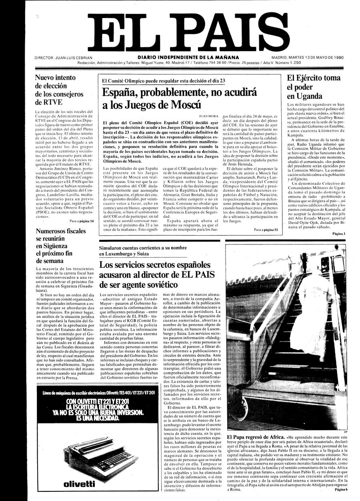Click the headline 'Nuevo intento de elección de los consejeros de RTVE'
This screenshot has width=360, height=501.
(59, 90)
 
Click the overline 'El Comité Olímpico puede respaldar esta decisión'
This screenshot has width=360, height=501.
(164, 80)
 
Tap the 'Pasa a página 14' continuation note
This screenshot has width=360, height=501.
(82, 221)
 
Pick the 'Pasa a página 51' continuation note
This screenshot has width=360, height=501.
(266, 230)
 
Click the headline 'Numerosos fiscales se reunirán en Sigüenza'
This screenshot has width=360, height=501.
(60, 246)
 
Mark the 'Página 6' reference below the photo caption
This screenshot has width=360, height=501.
(341, 489)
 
